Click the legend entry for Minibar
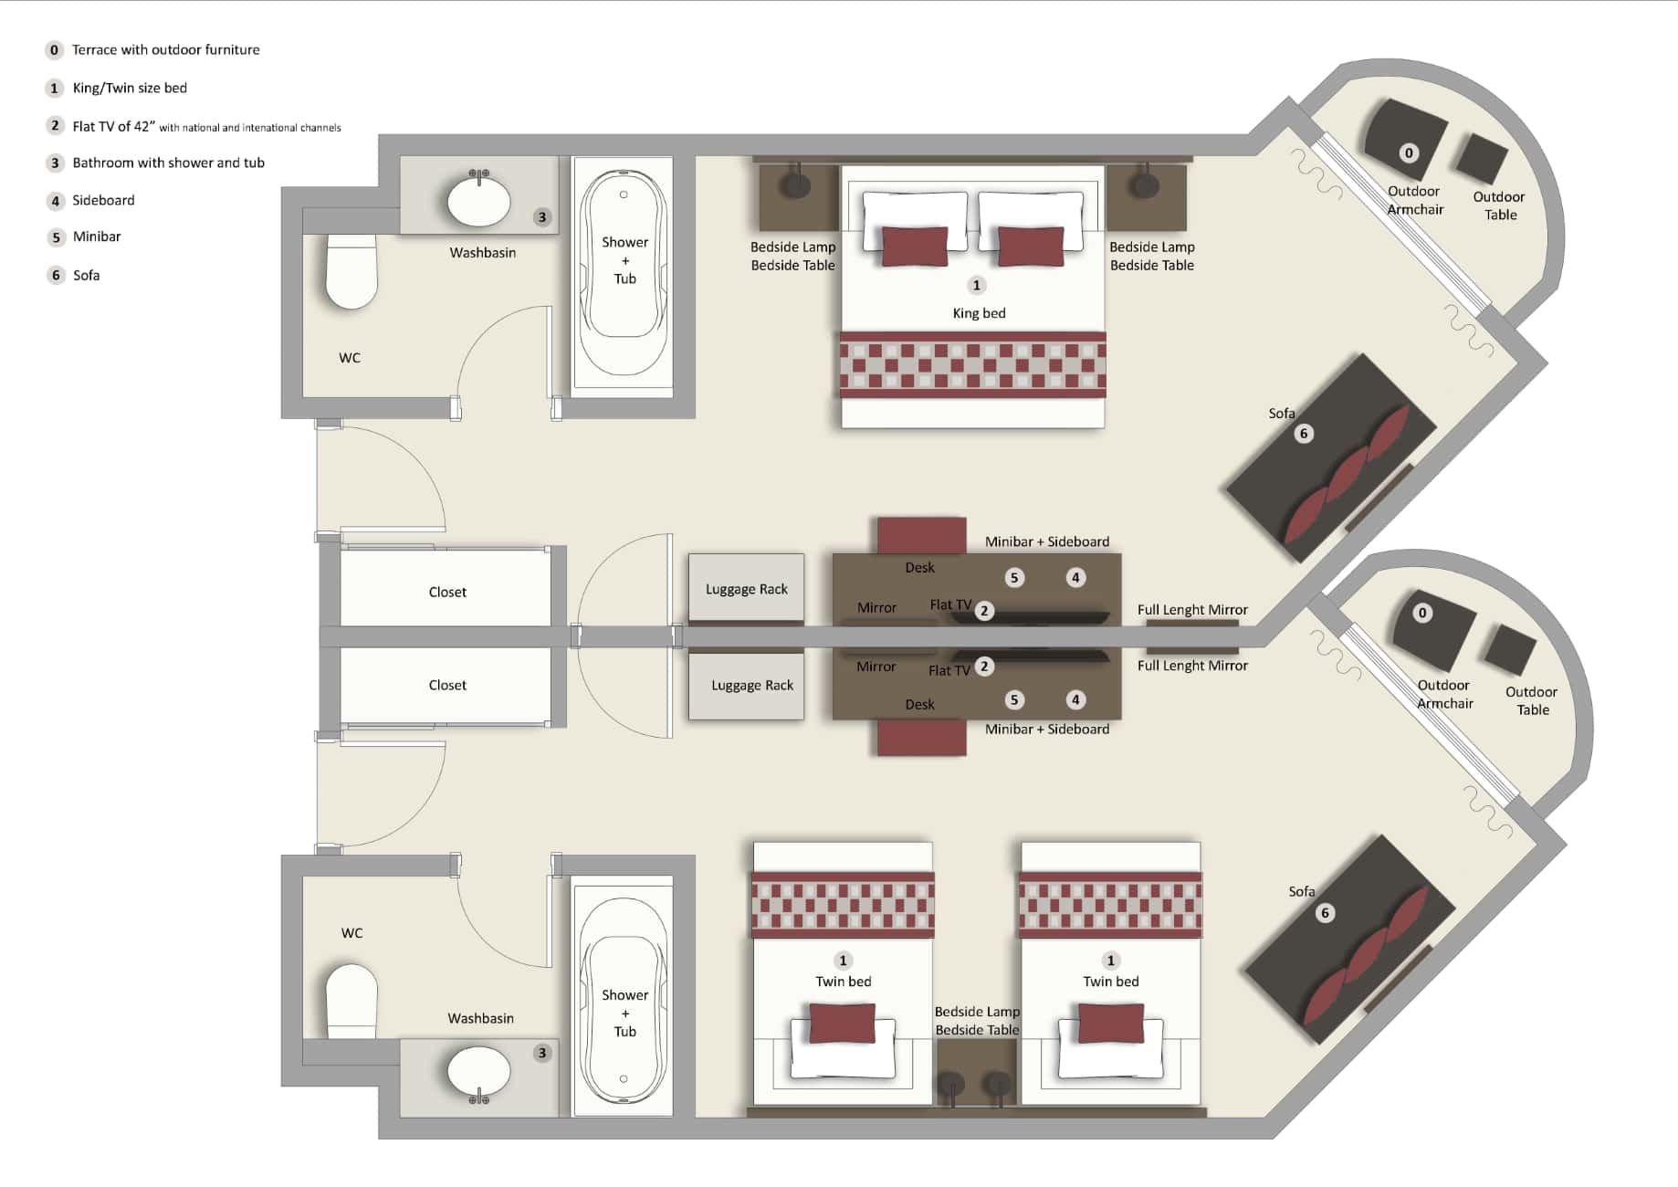tap(96, 236)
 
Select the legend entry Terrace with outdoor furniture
tap(165, 49)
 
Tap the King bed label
tap(979, 313)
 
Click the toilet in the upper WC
tap(351, 272)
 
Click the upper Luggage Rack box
tap(746, 589)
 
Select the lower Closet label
tap(447, 685)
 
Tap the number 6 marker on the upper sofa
tap(1304, 434)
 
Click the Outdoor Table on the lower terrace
tap(1510, 649)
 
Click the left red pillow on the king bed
tap(914, 247)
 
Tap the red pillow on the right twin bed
tap(1110, 1023)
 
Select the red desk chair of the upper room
tap(921, 534)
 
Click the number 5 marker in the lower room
tap(1013, 700)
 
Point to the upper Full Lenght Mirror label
tap(1191, 610)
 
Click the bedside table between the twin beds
tap(976, 1073)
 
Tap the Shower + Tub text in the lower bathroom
tap(624, 1013)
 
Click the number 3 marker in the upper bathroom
tap(542, 217)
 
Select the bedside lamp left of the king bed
tap(798, 184)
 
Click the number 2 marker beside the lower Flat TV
tap(983, 667)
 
